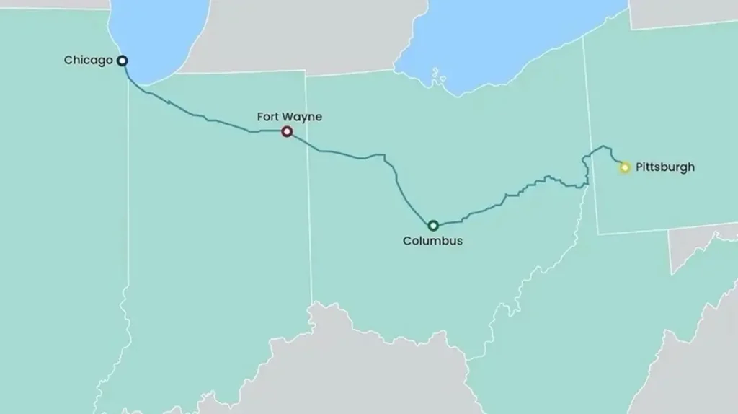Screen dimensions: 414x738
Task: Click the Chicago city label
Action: (x=88, y=61)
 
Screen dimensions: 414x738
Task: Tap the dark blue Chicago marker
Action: (x=123, y=61)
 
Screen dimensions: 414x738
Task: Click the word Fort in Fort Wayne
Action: (x=267, y=116)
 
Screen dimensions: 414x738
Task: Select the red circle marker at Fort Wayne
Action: (x=287, y=131)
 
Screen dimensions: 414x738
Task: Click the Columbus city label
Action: (x=432, y=241)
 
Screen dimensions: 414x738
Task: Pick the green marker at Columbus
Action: (x=433, y=226)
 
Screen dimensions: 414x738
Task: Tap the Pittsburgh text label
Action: (x=665, y=167)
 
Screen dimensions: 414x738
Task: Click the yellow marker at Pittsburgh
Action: (x=625, y=167)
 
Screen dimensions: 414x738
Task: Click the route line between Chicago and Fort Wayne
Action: (x=195, y=113)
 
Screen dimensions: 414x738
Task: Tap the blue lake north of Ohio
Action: (x=504, y=36)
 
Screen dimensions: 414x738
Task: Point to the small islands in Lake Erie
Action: (x=435, y=74)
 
